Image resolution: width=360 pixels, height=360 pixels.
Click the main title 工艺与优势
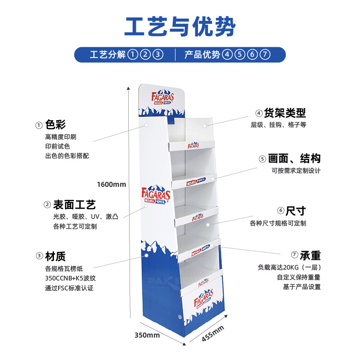(180, 27)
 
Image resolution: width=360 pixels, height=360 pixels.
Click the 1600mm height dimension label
(112, 184)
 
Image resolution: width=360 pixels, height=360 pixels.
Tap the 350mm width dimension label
(147, 335)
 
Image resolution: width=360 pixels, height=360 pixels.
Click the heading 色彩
(55, 125)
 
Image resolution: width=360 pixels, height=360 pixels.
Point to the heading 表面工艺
(74, 205)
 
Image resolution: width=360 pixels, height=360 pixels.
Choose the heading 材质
(55, 256)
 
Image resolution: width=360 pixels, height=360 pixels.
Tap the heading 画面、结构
(294, 158)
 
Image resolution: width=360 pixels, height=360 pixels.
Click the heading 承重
(310, 255)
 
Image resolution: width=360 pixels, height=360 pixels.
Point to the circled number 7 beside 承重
(294, 256)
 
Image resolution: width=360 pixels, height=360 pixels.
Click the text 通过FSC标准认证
(69, 288)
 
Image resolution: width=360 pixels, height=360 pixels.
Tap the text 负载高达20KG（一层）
(289, 267)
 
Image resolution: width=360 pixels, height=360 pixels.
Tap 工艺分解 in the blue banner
(108, 55)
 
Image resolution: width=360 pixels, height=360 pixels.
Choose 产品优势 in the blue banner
(202, 55)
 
